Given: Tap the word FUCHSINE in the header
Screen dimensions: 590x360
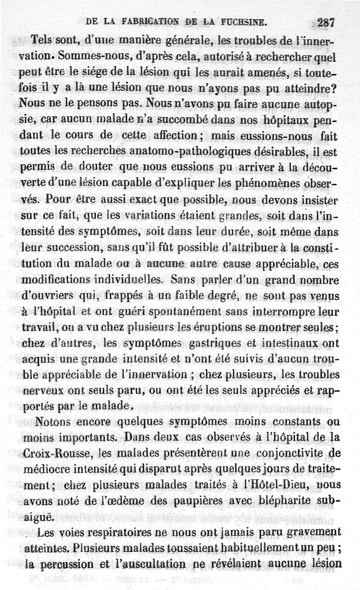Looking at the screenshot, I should (x=243, y=20).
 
